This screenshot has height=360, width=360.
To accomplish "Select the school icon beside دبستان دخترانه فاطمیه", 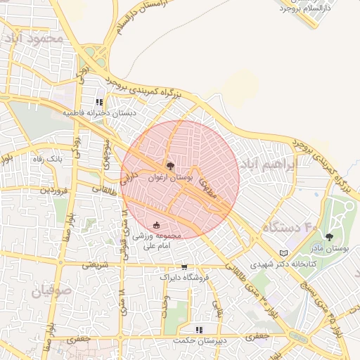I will [x=98, y=102].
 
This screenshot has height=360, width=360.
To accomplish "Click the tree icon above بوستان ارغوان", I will [x=169, y=166].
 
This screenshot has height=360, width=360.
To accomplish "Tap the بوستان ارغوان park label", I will [x=169, y=179].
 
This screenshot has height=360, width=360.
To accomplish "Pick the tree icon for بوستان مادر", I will [x=329, y=237].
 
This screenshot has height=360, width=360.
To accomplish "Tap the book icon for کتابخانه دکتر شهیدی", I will [x=283, y=252].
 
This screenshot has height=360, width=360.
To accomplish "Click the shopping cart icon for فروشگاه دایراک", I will [x=184, y=266].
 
